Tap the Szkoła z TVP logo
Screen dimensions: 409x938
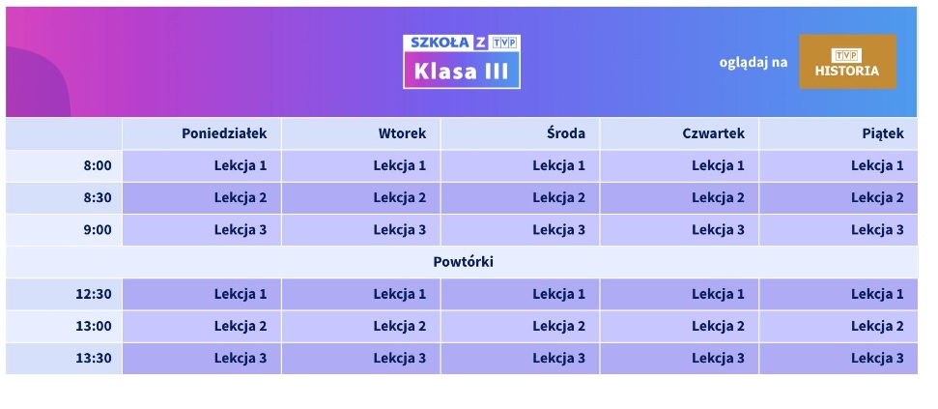tap(462, 43)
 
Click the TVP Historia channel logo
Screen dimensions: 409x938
tap(847, 62)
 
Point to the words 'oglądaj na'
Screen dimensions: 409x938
tap(753, 63)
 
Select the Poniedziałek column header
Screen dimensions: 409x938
tap(224, 133)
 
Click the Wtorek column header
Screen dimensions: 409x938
tap(402, 133)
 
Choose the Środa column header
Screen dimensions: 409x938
tap(566, 133)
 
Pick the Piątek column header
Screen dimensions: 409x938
tap(883, 133)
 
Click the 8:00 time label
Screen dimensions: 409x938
tap(98, 165)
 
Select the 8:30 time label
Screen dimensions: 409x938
tap(98, 197)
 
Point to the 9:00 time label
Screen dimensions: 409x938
tap(98, 229)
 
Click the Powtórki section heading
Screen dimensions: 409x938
tap(463, 261)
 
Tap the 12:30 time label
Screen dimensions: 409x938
tap(94, 294)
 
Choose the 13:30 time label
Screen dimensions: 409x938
tap(94, 358)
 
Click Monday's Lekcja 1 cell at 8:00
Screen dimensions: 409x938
tap(241, 165)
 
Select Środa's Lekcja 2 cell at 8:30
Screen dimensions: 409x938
tap(558, 197)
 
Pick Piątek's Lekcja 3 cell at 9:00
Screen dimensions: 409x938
tap(877, 229)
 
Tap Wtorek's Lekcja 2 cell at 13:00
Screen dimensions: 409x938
tap(399, 326)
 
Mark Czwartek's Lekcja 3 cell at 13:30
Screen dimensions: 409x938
tap(718, 358)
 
